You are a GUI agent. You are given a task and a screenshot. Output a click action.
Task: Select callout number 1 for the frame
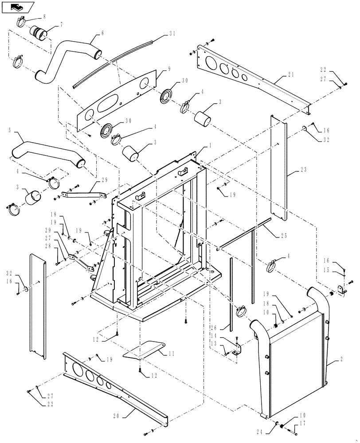click(x=208, y=146)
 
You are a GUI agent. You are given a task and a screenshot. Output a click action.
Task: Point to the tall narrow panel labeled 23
click(x=279, y=168)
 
